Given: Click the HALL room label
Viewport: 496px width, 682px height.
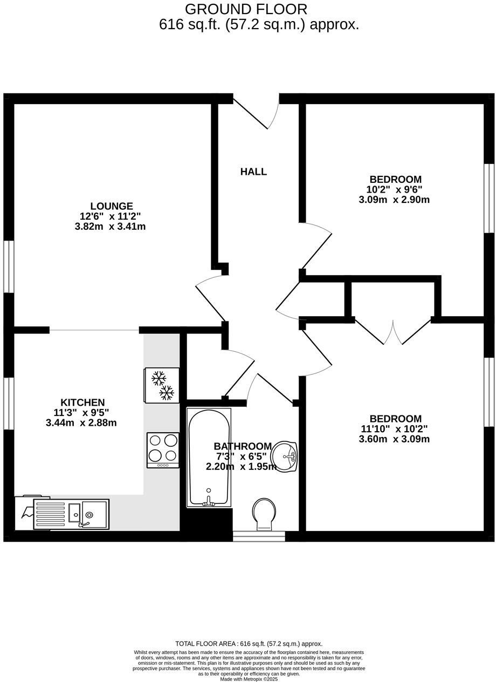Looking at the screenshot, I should [x=253, y=172].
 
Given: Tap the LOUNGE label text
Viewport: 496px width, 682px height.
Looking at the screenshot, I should [x=112, y=206].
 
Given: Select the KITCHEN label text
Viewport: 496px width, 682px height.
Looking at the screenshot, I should [x=82, y=403].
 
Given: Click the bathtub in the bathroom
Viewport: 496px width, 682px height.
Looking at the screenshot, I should [x=209, y=458].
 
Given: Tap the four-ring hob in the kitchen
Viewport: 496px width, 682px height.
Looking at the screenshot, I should [x=163, y=449].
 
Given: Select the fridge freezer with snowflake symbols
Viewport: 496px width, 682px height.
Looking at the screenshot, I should [x=162, y=385].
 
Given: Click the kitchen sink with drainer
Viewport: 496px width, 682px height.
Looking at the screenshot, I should [x=71, y=514].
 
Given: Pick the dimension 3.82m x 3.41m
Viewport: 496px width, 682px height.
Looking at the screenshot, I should [x=110, y=227].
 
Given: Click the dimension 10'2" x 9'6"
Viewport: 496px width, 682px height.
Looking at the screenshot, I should [x=394, y=189].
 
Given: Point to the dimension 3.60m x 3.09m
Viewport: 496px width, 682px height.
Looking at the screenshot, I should [x=394, y=439].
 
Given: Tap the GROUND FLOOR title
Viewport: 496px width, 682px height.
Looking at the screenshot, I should [x=246, y=9].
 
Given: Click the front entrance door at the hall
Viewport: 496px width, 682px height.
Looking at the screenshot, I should [x=257, y=112].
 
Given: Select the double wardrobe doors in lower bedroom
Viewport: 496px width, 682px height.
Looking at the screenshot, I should [x=393, y=332].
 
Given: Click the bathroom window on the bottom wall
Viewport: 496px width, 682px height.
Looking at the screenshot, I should [x=259, y=536].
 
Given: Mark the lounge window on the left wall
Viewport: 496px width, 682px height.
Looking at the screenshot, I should [x=9, y=267].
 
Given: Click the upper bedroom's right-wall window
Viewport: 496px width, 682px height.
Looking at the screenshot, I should [x=488, y=198].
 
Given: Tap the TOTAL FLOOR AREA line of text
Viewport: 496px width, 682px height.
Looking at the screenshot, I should [x=249, y=644].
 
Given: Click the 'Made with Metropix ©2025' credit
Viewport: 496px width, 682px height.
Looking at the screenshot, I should [x=249, y=679].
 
